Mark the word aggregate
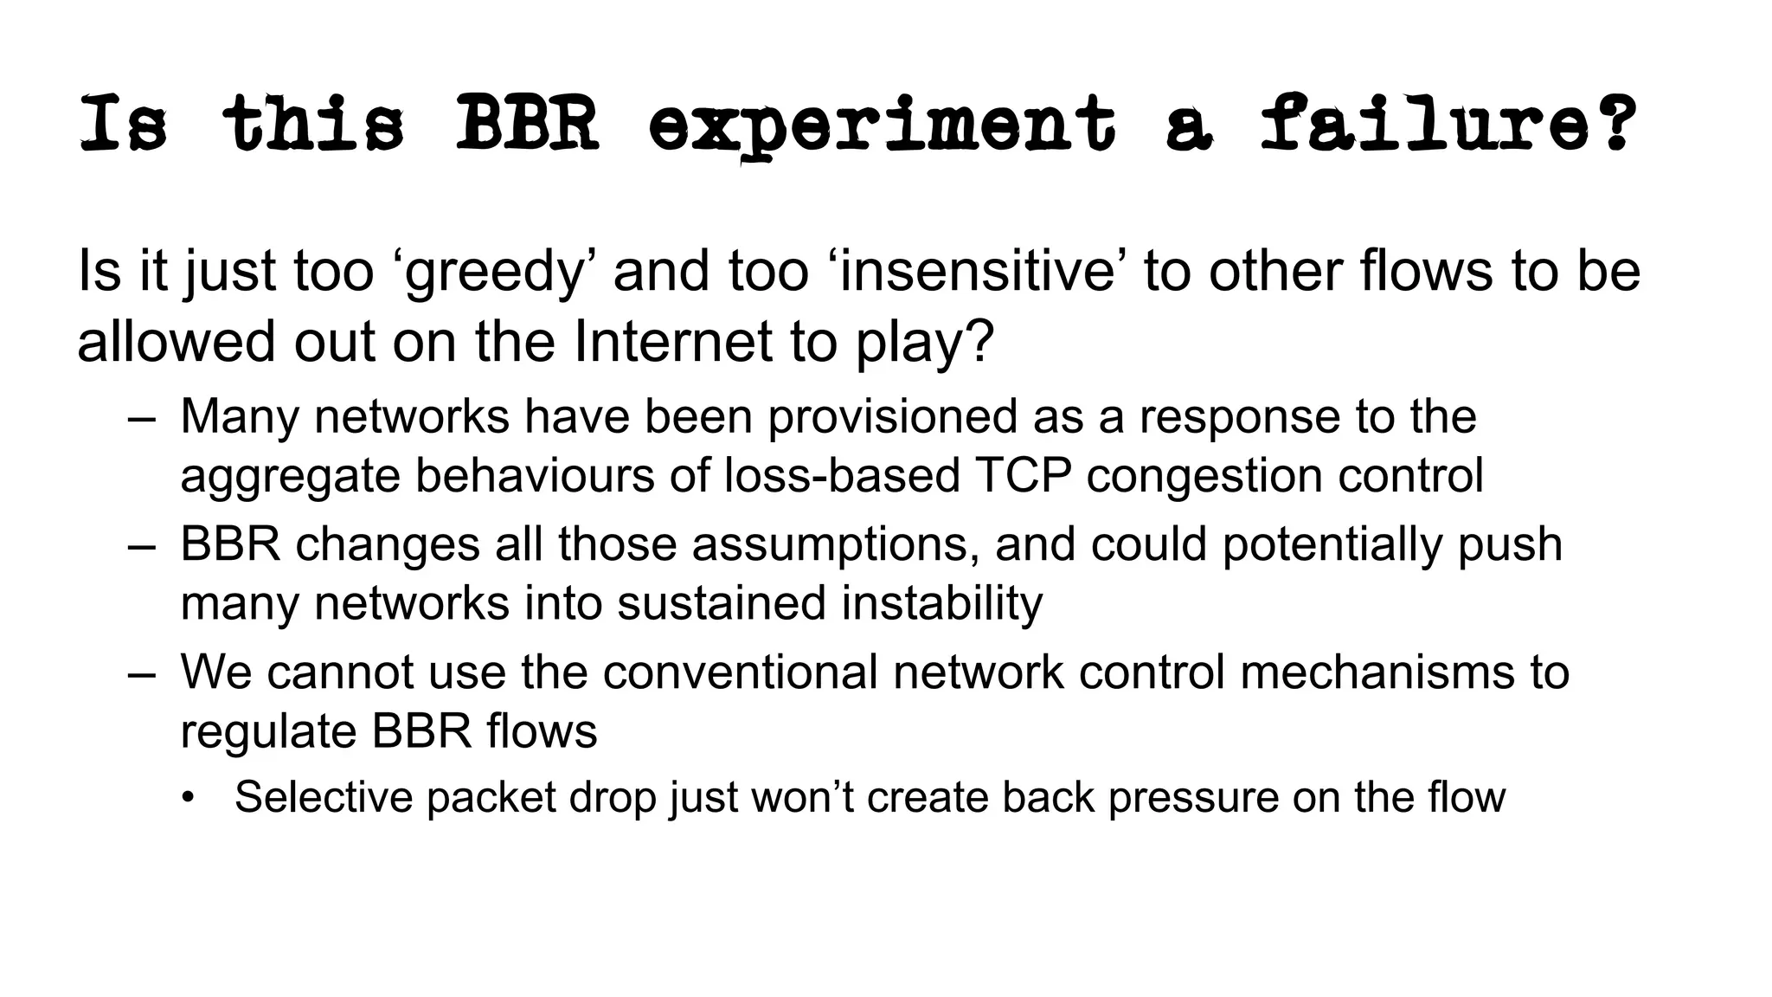(x=290, y=477)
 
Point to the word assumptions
(x=835, y=545)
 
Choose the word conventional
(x=740, y=672)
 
